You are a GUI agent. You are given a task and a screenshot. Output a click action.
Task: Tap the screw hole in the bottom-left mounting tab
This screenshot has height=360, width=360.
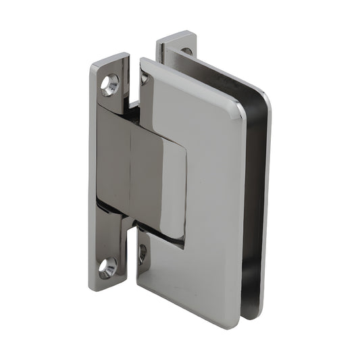pyautogui.click(x=108, y=267)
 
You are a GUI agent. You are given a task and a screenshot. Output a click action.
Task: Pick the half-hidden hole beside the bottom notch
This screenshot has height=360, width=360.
pyautogui.click(x=143, y=253)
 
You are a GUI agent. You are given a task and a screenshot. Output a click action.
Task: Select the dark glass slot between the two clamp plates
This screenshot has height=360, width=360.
pyautogui.click(x=253, y=203)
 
